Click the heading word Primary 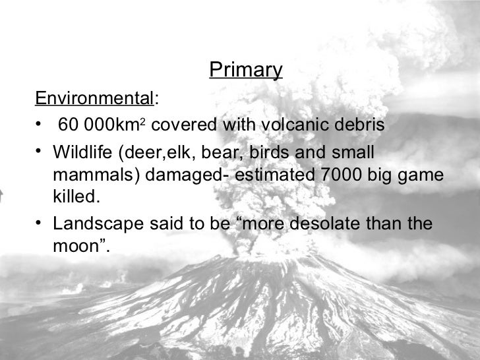pyautogui.click(x=245, y=70)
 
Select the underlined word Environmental pyautogui.click(x=94, y=99)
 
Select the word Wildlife pyautogui.click(x=82, y=152)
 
